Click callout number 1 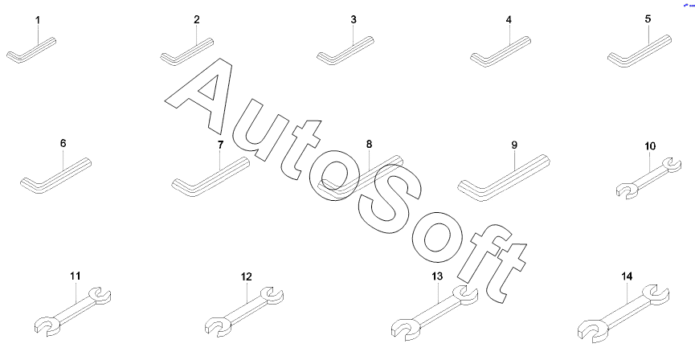(x=36, y=18)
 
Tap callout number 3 (x=353, y=18)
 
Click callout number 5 (x=648, y=18)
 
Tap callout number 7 (x=219, y=145)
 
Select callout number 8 (x=369, y=145)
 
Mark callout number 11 (x=75, y=276)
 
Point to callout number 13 (x=437, y=276)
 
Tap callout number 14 (x=627, y=276)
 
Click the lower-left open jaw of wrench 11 (x=47, y=325)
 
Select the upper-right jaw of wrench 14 (x=657, y=294)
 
